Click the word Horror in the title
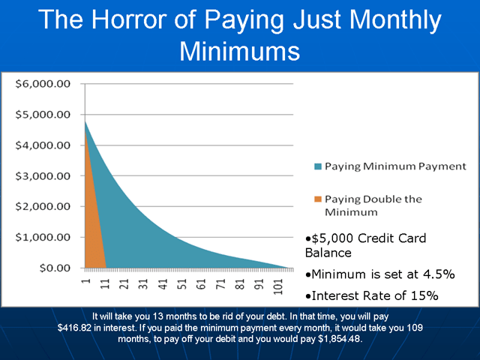pos(130,19)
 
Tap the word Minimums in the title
pos(240,51)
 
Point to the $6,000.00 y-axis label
pos(43,84)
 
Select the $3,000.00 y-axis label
pos(43,176)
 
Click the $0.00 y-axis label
pos(55,268)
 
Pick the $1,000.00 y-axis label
pos(43,237)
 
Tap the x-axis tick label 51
pos(182,284)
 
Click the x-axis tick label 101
pos(278,286)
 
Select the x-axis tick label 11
pos(105,284)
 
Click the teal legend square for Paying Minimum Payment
pos(318,166)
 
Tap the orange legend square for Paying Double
pos(318,199)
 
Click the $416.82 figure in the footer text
pos(74,328)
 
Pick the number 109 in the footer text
pos(415,328)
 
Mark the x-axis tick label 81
pos(240,284)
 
